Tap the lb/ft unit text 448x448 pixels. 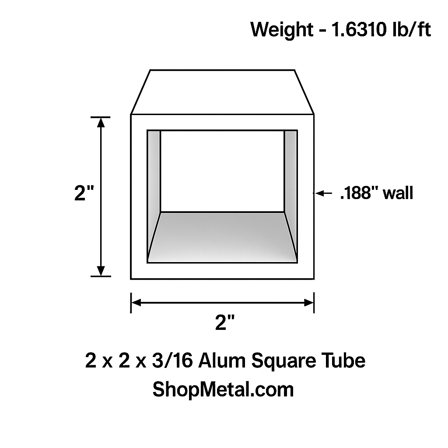tap(411, 29)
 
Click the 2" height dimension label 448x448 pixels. tap(84, 193)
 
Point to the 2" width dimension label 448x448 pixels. tap(225, 322)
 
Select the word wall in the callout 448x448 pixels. tap(398, 193)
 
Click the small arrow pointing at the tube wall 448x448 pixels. tap(323, 193)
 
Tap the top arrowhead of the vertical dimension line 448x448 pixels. tap(101, 122)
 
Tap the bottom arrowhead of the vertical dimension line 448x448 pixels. tap(101, 271)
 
